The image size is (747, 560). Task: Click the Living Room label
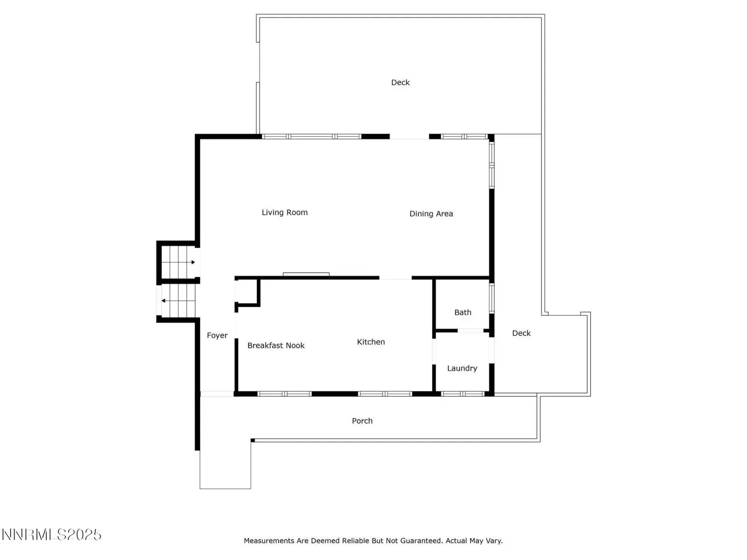pyautogui.click(x=284, y=212)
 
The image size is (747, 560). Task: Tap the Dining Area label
pyautogui.click(x=431, y=214)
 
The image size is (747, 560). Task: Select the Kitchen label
pyautogui.click(x=371, y=342)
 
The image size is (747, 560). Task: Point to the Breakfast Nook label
pyautogui.click(x=275, y=345)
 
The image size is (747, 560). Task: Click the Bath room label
pyautogui.click(x=463, y=312)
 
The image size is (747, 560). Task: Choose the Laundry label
pyautogui.click(x=462, y=368)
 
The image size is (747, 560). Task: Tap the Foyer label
pyautogui.click(x=217, y=336)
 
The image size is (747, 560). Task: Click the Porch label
pyautogui.click(x=362, y=421)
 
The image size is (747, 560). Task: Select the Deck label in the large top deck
pyautogui.click(x=400, y=82)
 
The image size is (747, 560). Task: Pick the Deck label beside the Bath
pyautogui.click(x=521, y=333)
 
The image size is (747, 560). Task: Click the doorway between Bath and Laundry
pyautogui.click(x=470, y=331)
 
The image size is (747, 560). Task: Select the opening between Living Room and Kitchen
pyautogui.click(x=395, y=278)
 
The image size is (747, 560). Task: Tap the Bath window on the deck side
pyautogui.click(x=492, y=298)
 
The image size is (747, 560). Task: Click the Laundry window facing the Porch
pyautogui.click(x=463, y=394)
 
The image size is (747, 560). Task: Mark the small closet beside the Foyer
pyautogui.click(x=247, y=292)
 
